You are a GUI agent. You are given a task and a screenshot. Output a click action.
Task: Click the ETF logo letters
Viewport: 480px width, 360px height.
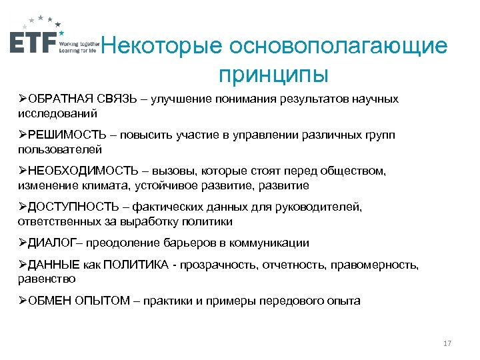[x=33, y=41]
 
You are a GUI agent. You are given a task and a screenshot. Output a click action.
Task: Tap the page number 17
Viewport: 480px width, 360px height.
[x=447, y=343]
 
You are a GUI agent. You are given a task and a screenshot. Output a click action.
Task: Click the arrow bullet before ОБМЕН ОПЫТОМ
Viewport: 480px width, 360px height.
[x=23, y=301]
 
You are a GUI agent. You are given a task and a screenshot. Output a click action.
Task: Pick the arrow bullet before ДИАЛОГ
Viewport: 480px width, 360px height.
[x=23, y=243]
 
